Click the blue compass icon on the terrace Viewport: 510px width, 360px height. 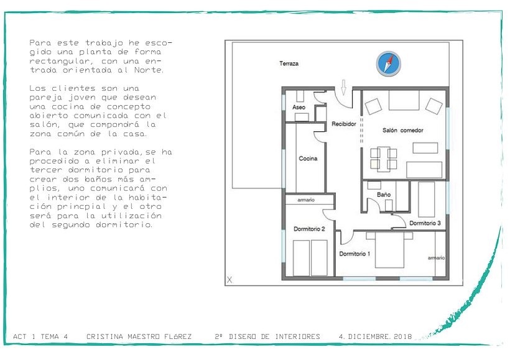[x=388, y=64]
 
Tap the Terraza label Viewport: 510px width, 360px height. [x=289, y=63]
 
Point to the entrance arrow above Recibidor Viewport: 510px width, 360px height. [x=343, y=87]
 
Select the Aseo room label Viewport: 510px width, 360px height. [x=299, y=107]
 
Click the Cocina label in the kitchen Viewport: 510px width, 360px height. [x=308, y=159]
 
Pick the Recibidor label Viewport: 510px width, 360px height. [x=344, y=124]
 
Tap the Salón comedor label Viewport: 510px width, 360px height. [x=402, y=131]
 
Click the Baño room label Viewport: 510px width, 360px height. [x=384, y=195]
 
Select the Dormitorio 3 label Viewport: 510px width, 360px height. [x=425, y=223]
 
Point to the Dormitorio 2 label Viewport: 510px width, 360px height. [x=309, y=229]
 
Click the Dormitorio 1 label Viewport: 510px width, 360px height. [x=355, y=254]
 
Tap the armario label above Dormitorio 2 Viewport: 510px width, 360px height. [x=306, y=200]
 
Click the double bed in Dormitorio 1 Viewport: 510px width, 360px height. [x=389, y=249]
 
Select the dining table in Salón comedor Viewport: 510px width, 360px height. [x=384, y=159]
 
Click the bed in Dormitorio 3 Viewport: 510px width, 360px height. [x=427, y=199]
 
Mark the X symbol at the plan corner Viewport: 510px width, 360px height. [x=229, y=279]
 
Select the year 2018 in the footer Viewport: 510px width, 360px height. [x=402, y=336]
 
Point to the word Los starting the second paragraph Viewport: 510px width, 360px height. [x=37, y=88]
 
